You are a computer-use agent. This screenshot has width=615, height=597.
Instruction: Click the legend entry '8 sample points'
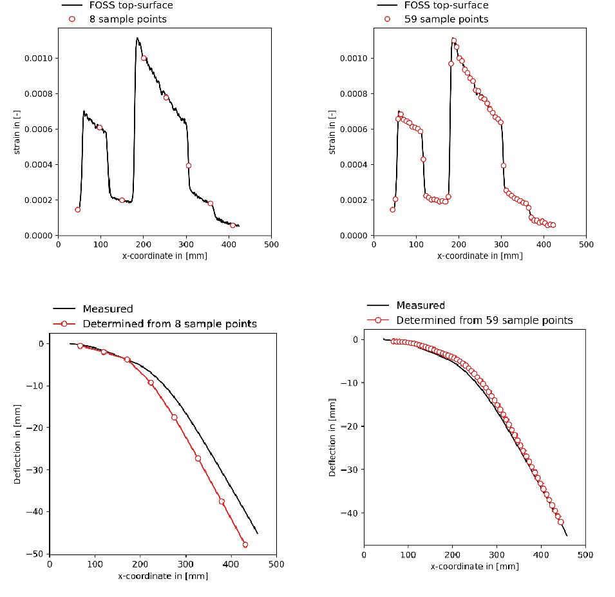coord(128,19)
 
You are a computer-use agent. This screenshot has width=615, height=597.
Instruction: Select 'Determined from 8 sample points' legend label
coord(169,323)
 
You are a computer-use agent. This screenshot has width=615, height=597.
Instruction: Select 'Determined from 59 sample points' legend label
coord(484,320)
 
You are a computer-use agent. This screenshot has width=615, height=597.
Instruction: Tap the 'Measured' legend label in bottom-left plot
coord(108,309)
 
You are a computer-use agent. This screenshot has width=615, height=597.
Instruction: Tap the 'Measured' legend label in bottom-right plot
coord(421,305)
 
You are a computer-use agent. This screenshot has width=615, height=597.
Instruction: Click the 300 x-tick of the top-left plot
coord(186,245)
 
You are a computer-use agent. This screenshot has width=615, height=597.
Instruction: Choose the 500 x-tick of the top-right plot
coord(586,245)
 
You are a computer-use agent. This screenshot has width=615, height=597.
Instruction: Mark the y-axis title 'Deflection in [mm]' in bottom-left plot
coord(18,444)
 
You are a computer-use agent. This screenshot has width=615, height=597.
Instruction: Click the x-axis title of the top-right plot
coord(480,256)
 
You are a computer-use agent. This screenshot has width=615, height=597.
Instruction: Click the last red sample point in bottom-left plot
coord(245,544)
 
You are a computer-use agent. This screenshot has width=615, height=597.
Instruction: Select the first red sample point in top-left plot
coord(78,209)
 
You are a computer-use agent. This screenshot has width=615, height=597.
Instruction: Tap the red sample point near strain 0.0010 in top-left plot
coord(144,58)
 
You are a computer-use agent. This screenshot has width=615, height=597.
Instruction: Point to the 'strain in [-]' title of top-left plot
coord(18,132)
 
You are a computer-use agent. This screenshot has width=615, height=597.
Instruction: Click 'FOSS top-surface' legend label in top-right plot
coord(446,5)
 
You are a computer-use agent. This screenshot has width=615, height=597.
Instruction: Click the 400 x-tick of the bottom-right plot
coord(541,555)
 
